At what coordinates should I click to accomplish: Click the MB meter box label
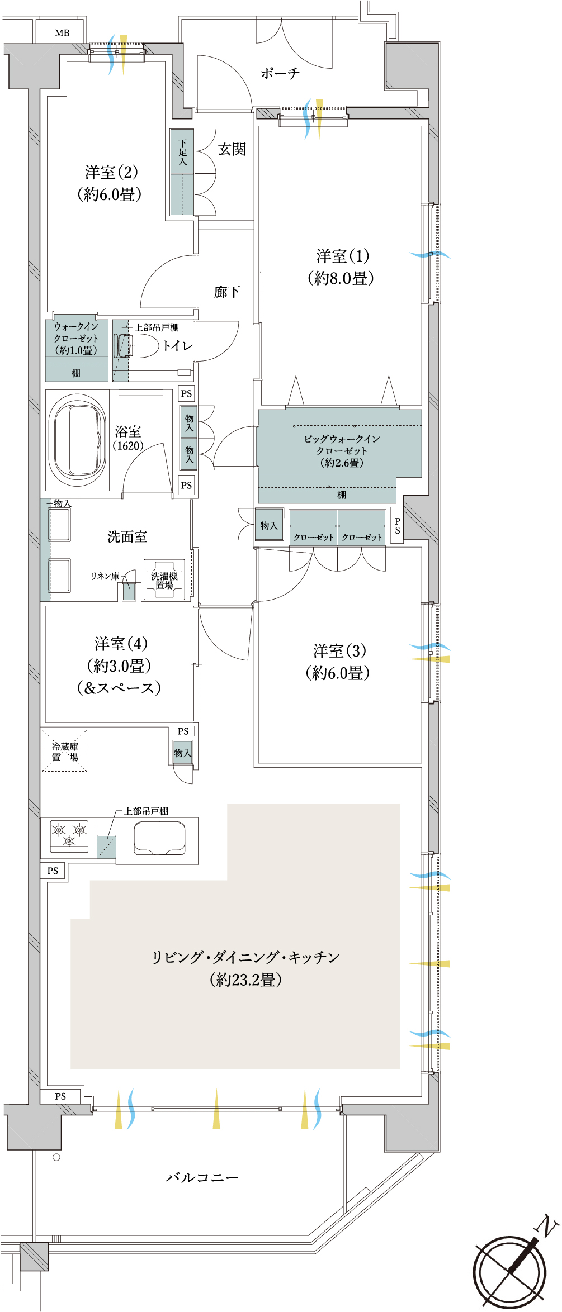click(x=62, y=33)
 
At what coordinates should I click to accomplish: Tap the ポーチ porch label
click(x=280, y=73)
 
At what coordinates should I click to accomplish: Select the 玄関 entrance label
click(x=232, y=149)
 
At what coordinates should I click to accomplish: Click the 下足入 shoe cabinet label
click(x=182, y=152)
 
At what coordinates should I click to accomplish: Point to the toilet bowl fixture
click(x=137, y=346)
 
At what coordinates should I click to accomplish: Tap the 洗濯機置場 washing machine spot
click(x=164, y=581)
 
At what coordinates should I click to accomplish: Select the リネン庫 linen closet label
click(x=105, y=576)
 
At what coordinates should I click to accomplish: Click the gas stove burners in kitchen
click(x=69, y=835)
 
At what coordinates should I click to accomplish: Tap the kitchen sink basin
click(x=159, y=838)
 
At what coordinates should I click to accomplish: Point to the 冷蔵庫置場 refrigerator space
click(x=65, y=751)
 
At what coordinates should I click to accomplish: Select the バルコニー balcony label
click(x=202, y=1177)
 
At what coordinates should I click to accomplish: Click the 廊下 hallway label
click(x=227, y=292)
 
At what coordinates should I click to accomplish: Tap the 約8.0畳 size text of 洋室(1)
click(x=341, y=278)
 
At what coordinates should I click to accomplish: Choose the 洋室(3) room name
click(x=339, y=650)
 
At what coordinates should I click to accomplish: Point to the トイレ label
click(x=178, y=346)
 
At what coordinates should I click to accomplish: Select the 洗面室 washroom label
click(x=127, y=536)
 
